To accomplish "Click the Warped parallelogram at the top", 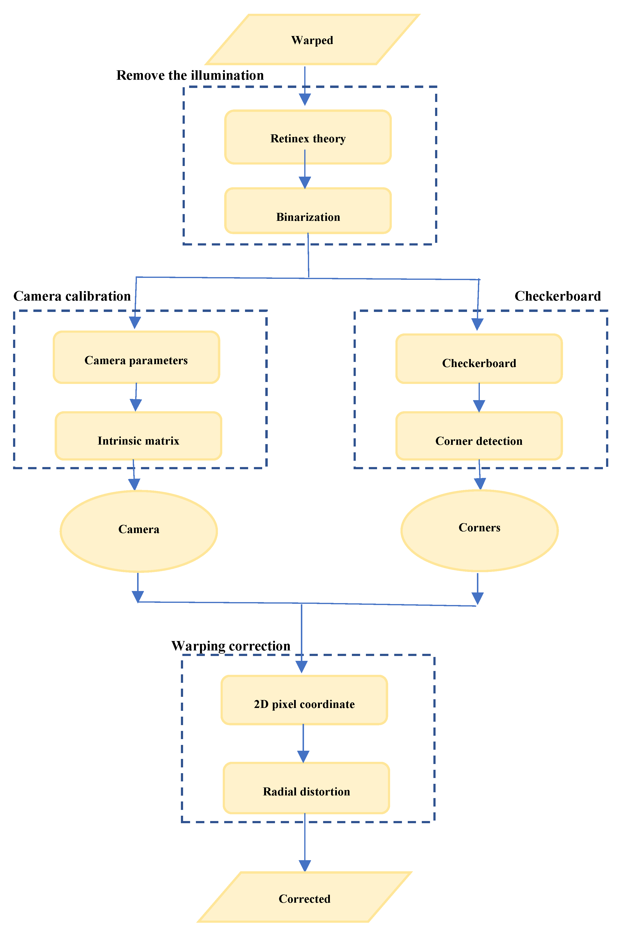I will coord(312,40).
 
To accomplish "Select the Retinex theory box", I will coord(308,137).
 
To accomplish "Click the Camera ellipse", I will coord(139,531).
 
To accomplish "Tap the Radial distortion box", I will coord(306,788).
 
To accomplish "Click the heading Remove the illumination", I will coord(190,75).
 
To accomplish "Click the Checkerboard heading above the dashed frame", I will coord(557,296).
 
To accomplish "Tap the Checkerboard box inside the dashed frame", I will coord(479,359).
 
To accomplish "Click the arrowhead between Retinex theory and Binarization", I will coord(305,183).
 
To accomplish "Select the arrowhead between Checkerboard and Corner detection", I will coord(479,406).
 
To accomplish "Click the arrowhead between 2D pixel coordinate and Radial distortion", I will coord(303,757).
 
